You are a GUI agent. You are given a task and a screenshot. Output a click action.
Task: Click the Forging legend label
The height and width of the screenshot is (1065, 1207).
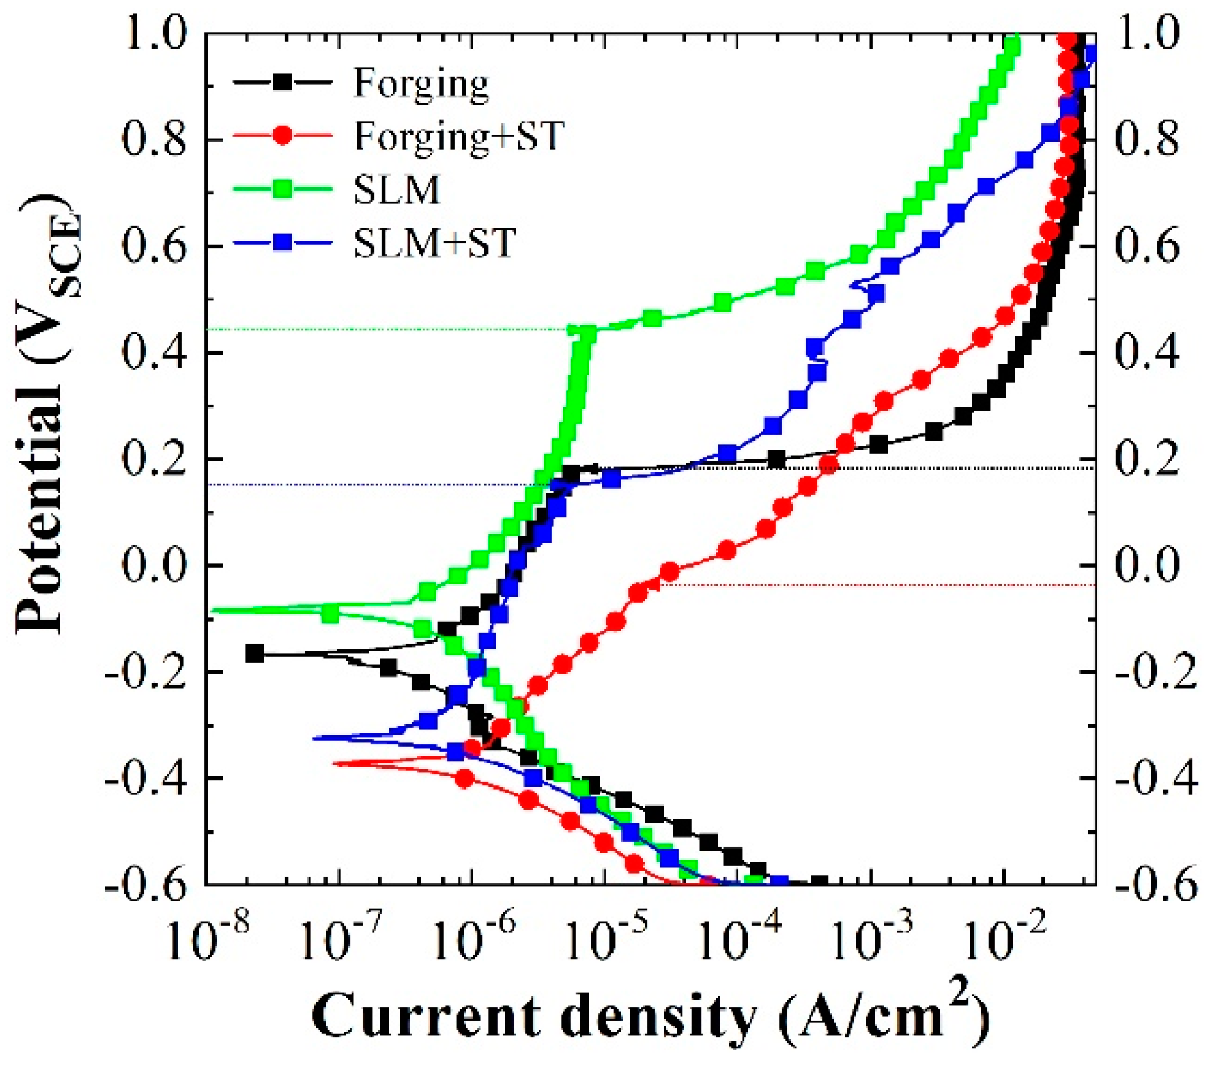pyautogui.click(x=421, y=84)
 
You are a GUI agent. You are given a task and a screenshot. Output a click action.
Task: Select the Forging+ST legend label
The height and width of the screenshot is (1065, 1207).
pyautogui.click(x=459, y=136)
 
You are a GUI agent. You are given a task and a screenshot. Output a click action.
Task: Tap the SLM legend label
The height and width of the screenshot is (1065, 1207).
pyautogui.click(x=397, y=189)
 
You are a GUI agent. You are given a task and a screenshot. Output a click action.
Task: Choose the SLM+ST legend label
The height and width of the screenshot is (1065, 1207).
pyautogui.click(x=434, y=243)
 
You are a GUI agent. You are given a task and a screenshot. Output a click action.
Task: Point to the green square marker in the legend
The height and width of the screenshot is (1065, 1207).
pyautogui.click(x=282, y=189)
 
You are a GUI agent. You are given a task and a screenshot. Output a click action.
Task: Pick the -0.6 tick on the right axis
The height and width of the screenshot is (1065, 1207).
pyautogui.click(x=1156, y=885)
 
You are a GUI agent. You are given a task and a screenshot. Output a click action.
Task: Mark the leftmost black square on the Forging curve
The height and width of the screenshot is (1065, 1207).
pyautogui.click(x=255, y=654)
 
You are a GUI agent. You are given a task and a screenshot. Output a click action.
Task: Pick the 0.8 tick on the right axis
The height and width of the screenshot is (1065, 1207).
pyautogui.click(x=1146, y=139)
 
